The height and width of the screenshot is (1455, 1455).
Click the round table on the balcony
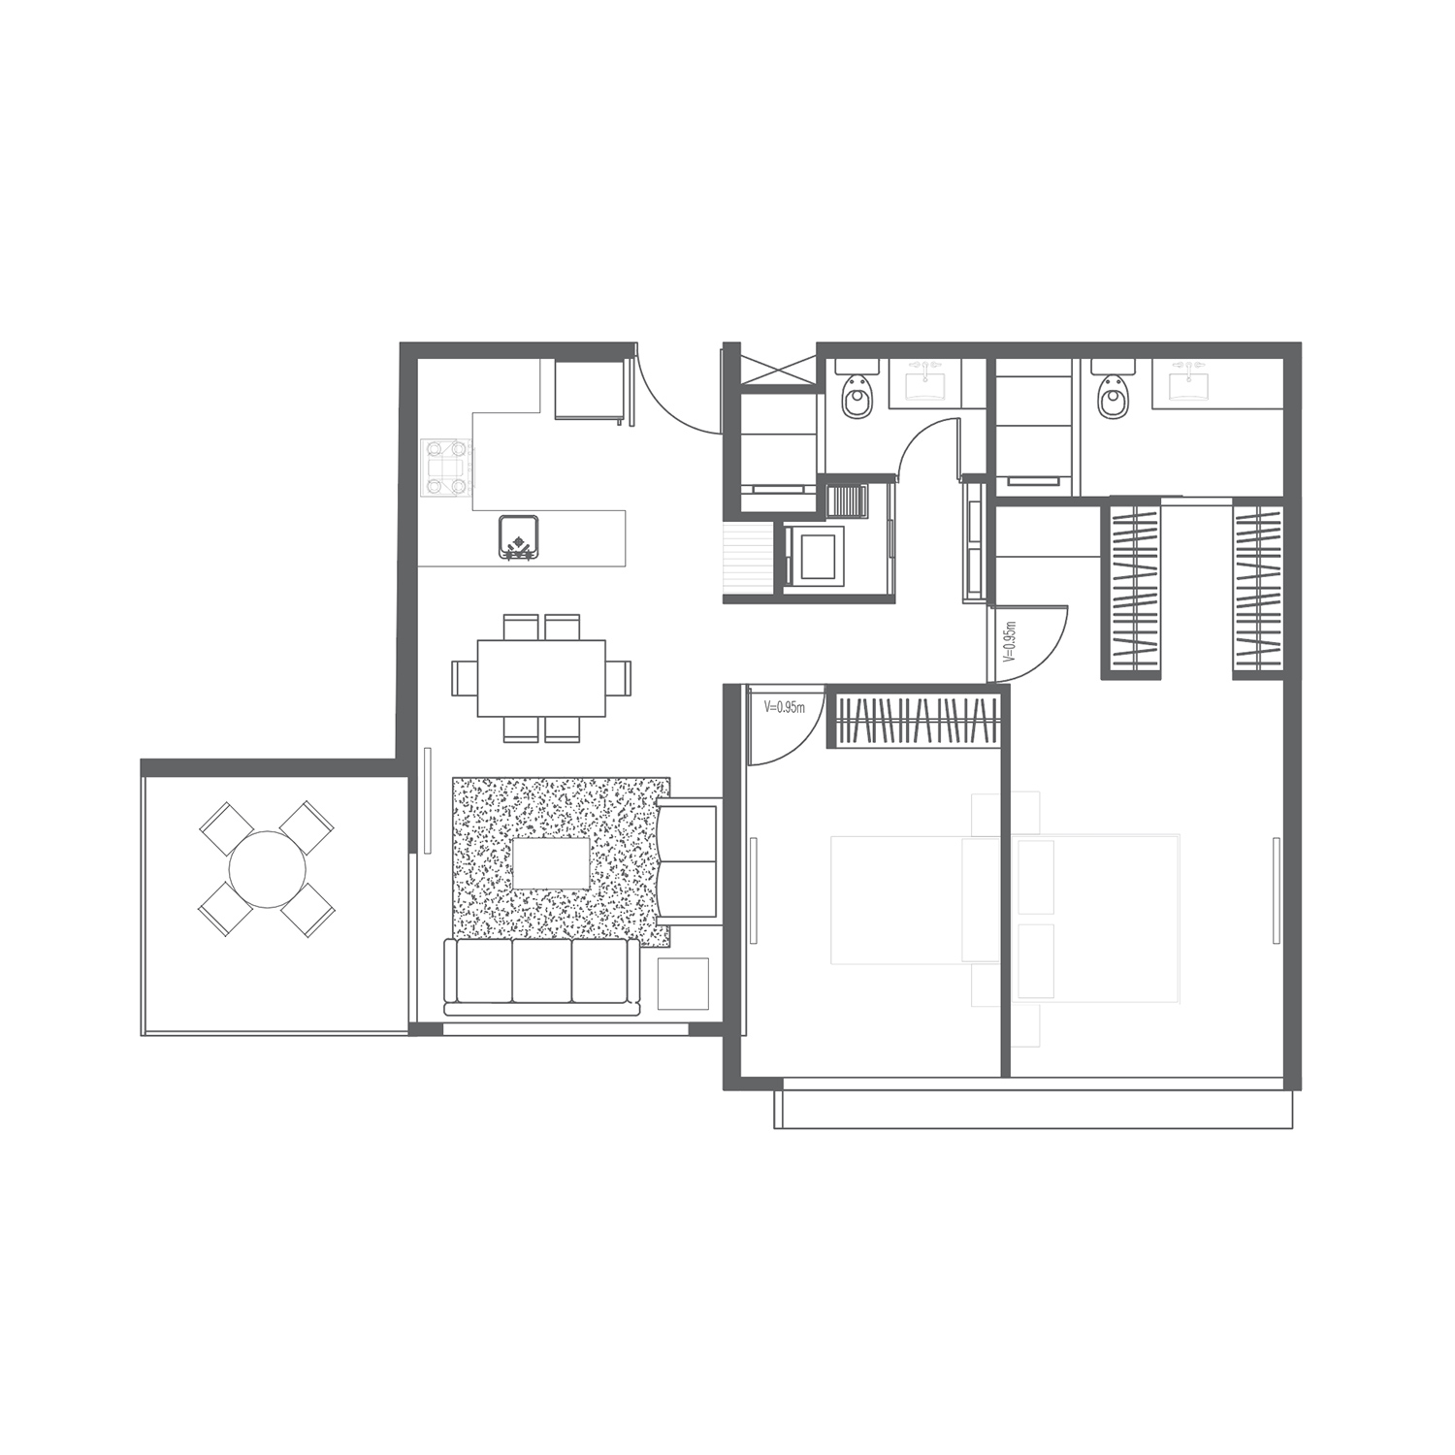pos(267,868)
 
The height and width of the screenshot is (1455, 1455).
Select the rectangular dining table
pos(541,678)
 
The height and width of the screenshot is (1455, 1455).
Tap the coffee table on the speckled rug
pos(550,863)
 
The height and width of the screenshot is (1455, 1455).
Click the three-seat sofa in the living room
pos(541,977)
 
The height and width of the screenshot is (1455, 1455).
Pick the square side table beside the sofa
pos(683,984)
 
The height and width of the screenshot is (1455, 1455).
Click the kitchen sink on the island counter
pos(518,537)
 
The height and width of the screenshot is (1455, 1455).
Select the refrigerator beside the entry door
pos(589,389)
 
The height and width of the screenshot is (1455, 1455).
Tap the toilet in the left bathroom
pos(858,395)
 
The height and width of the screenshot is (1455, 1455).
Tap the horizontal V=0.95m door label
pos(785,707)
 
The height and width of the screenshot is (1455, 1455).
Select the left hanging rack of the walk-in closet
pos(1132,588)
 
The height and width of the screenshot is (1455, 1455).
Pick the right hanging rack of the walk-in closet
pos(1258,588)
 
